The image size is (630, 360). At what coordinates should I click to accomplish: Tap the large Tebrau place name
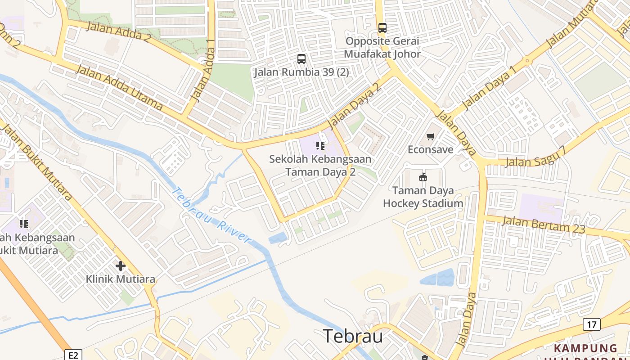click(x=353, y=336)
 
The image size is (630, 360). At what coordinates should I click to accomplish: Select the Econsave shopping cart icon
click(x=431, y=136)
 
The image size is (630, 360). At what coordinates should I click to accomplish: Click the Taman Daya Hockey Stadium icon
click(x=423, y=177)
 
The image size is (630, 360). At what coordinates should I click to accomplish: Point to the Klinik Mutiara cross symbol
click(x=121, y=266)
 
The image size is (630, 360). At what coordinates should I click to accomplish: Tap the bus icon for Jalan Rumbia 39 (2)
click(x=301, y=58)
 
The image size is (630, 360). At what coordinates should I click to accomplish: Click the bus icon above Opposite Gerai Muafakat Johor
click(x=382, y=28)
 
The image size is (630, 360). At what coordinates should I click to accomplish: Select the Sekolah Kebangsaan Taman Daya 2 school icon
click(x=320, y=145)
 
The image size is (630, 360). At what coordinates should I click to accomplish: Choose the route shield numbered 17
click(x=591, y=324)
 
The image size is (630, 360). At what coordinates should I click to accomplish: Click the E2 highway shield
click(x=73, y=355)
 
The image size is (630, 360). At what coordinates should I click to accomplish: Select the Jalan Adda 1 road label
click(x=204, y=70)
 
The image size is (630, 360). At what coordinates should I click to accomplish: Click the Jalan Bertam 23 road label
click(x=543, y=224)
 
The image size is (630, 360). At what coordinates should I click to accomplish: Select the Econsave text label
click(x=431, y=149)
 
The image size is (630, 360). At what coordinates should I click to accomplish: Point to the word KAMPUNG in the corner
click(x=585, y=348)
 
